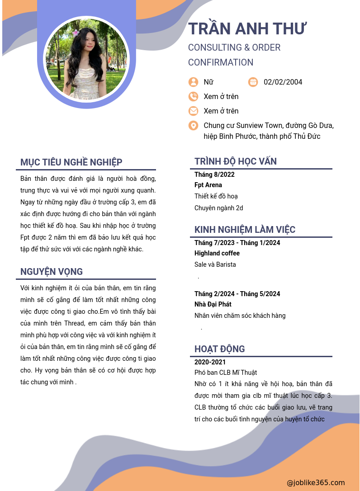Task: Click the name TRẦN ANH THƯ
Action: pos(247,28)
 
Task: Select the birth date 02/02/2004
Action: pos(283,82)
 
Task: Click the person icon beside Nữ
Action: pos(193,82)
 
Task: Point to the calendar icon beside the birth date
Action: pos(253,82)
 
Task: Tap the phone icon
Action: pos(193,96)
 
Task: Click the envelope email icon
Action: pos(193,111)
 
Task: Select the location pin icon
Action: pos(193,125)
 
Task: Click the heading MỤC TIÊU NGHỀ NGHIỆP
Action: pos(71,162)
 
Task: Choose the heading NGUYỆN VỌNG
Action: pos(52,272)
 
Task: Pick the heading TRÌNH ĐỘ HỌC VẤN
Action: pos(236,161)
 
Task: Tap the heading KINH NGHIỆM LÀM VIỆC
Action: pos(245,230)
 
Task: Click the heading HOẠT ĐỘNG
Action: pos(219,349)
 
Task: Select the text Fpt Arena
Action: pos(208,185)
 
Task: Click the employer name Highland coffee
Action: pos(217,253)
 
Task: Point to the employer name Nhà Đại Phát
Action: pos(213,304)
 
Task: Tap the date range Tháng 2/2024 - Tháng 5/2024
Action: pos(237,294)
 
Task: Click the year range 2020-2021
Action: pos(210,362)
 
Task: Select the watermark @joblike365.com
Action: pos(316,483)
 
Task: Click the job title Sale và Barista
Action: pos(215,264)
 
